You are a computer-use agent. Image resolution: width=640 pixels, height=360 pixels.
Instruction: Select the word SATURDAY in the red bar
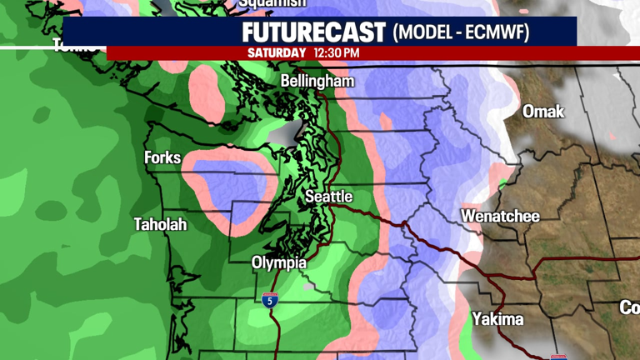click(x=277, y=52)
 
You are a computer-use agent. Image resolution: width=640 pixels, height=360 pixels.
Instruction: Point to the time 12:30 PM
click(x=337, y=52)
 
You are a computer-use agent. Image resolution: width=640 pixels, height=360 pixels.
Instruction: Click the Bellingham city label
click(x=317, y=82)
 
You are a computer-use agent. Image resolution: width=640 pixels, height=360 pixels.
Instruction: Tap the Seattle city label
click(x=328, y=197)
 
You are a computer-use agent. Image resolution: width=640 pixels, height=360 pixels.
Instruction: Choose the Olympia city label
click(x=279, y=263)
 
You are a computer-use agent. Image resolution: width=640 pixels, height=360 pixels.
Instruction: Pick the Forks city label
click(x=162, y=157)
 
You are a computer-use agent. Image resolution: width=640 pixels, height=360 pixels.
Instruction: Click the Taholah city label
click(x=161, y=224)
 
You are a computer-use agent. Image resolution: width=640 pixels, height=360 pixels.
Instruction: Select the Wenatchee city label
click(x=500, y=217)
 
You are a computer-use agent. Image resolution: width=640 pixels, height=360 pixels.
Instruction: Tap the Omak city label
click(x=543, y=112)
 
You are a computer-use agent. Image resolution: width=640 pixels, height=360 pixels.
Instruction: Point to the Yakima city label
click(x=497, y=319)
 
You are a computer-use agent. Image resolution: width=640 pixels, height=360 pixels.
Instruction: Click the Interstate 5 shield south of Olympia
click(x=269, y=300)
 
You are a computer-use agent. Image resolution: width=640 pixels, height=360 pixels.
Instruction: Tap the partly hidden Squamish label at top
click(x=272, y=4)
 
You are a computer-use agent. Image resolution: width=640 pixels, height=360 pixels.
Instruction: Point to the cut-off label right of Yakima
click(x=629, y=307)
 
